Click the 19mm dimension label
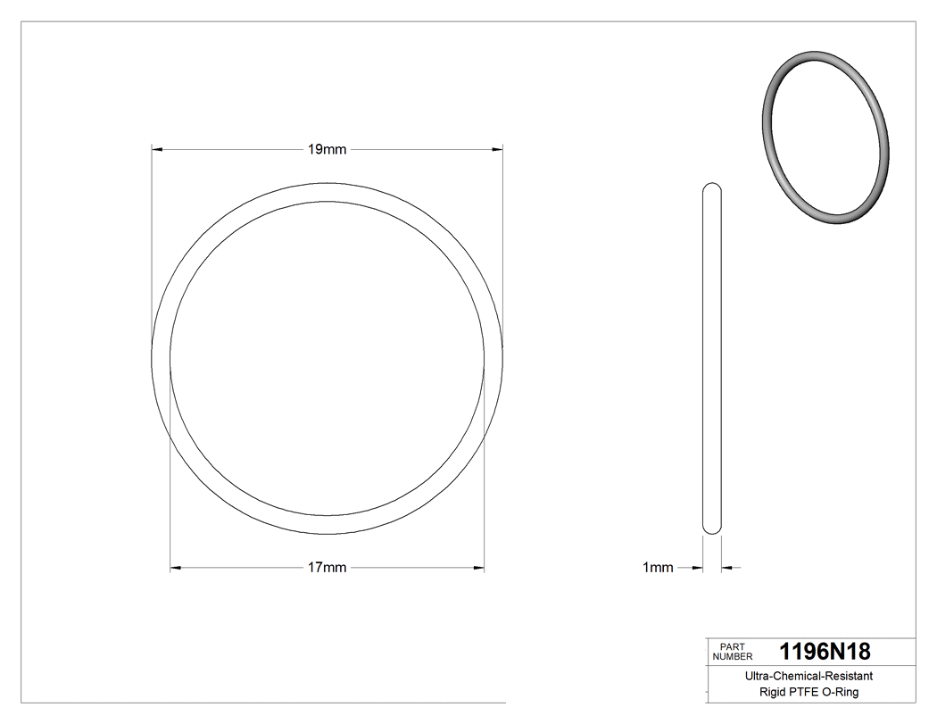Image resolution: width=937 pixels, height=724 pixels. (x=327, y=149)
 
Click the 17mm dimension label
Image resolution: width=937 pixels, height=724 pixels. (x=327, y=568)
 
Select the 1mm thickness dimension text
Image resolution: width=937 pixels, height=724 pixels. (x=658, y=568)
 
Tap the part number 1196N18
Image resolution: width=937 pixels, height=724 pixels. (x=825, y=651)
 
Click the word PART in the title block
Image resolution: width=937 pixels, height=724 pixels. (x=732, y=646)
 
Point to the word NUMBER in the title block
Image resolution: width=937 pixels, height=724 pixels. (x=734, y=656)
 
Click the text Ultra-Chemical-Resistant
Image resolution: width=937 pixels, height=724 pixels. (x=808, y=677)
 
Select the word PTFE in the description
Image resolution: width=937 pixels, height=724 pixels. (x=801, y=692)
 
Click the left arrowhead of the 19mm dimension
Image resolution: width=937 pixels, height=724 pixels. (x=157, y=149)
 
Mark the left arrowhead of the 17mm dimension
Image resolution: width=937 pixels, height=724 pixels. (x=176, y=568)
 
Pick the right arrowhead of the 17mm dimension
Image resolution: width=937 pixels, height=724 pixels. (x=478, y=568)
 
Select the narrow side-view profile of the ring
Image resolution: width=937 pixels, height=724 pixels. (x=712, y=357)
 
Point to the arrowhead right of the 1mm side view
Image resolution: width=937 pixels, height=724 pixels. (x=726, y=567)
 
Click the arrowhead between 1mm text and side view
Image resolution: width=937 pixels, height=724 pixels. (x=698, y=567)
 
